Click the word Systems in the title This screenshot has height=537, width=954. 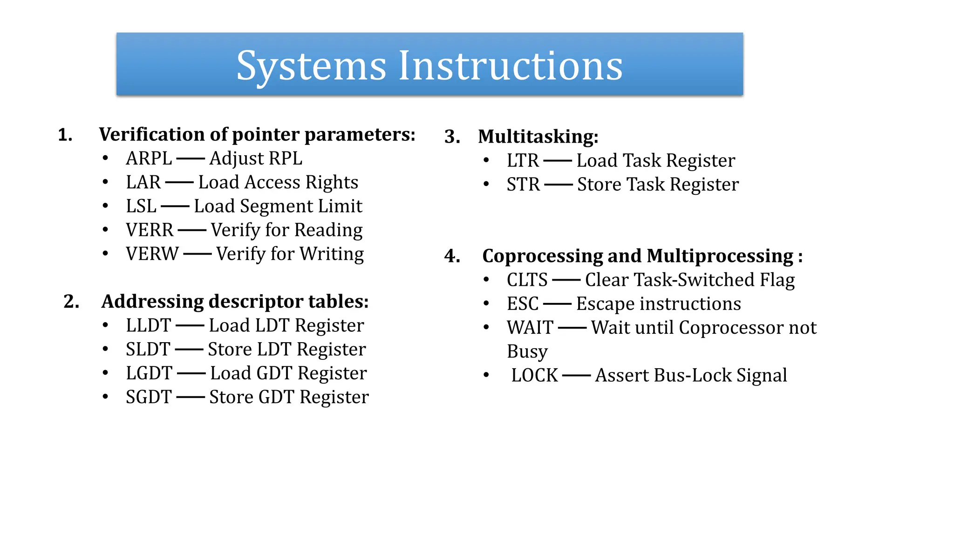(311, 66)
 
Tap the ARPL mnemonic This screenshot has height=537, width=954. (149, 158)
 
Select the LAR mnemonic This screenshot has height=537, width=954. (143, 182)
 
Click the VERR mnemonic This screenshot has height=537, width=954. (150, 230)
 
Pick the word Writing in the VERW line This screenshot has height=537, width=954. (332, 254)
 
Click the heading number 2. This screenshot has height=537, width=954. (71, 302)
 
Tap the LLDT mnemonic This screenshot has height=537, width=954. (149, 325)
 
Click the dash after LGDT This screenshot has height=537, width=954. (191, 373)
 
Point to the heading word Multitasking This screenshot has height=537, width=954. (538, 137)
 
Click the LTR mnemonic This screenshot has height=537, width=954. (523, 161)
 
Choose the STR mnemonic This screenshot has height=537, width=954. (523, 185)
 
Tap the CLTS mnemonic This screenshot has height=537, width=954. (527, 280)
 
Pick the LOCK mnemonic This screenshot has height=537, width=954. (534, 376)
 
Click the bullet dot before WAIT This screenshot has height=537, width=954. (486, 327)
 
